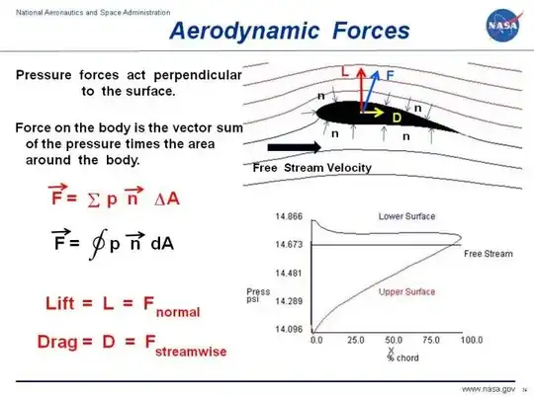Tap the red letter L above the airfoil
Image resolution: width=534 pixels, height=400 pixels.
(x=345, y=72)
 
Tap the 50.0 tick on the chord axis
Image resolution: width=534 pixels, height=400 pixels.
(x=394, y=340)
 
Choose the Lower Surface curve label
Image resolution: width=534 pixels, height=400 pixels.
(x=404, y=215)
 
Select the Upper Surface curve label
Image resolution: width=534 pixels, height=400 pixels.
(x=404, y=292)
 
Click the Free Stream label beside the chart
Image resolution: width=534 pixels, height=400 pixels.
(x=489, y=254)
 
